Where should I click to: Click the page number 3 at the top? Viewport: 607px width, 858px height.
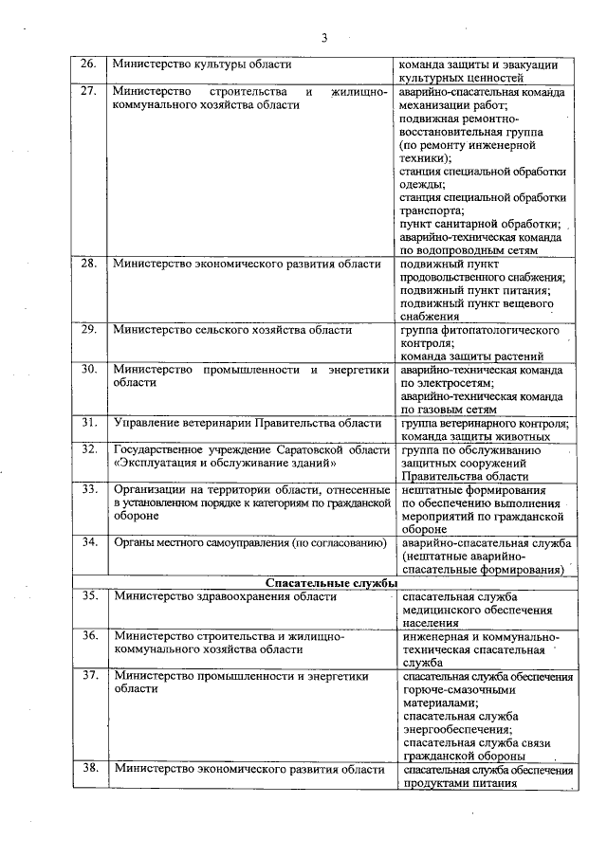(x=323, y=38)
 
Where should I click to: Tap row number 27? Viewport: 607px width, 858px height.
(x=88, y=92)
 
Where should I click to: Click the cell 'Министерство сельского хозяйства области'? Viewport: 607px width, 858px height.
(x=232, y=330)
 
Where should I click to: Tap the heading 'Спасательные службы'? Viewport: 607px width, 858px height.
(x=331, y=582)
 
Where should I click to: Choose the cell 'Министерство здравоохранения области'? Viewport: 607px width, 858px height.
(x=224, y=596)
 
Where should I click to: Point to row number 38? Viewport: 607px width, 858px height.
(x=88, y=769)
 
